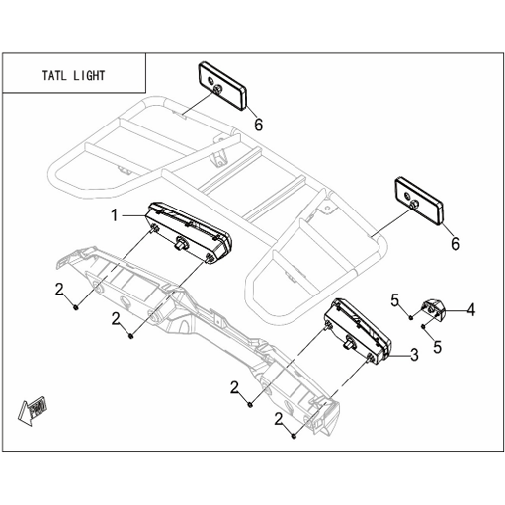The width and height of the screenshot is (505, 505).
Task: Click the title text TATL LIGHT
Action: (x=73, y=76)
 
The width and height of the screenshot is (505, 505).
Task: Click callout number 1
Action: (x=115, y=215)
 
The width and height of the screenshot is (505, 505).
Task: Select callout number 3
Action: (x=414, y=355)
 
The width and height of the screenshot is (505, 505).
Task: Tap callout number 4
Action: (x=471, y=310)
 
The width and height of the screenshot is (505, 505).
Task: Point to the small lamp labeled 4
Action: (x=433, y=307)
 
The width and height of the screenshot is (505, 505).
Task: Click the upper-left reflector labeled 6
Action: (x=222, y=86)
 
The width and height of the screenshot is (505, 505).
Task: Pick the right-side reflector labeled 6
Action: (x=419, y=202)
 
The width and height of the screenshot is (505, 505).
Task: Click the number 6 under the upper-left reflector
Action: (x=259, y=125)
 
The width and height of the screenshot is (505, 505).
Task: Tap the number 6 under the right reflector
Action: (x=455, y=244)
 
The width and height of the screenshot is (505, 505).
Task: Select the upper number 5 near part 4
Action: (x=394, y=300)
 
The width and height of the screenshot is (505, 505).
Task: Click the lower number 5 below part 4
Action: (x=437, y=347)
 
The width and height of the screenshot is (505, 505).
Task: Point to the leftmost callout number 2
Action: (x=59, y=290)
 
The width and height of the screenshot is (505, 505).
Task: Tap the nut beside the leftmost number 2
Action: (x=76, y=307)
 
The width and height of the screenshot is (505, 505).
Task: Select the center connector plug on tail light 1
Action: (x=181, y=243)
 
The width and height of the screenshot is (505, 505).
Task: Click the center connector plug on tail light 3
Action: (x=349, y=342)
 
